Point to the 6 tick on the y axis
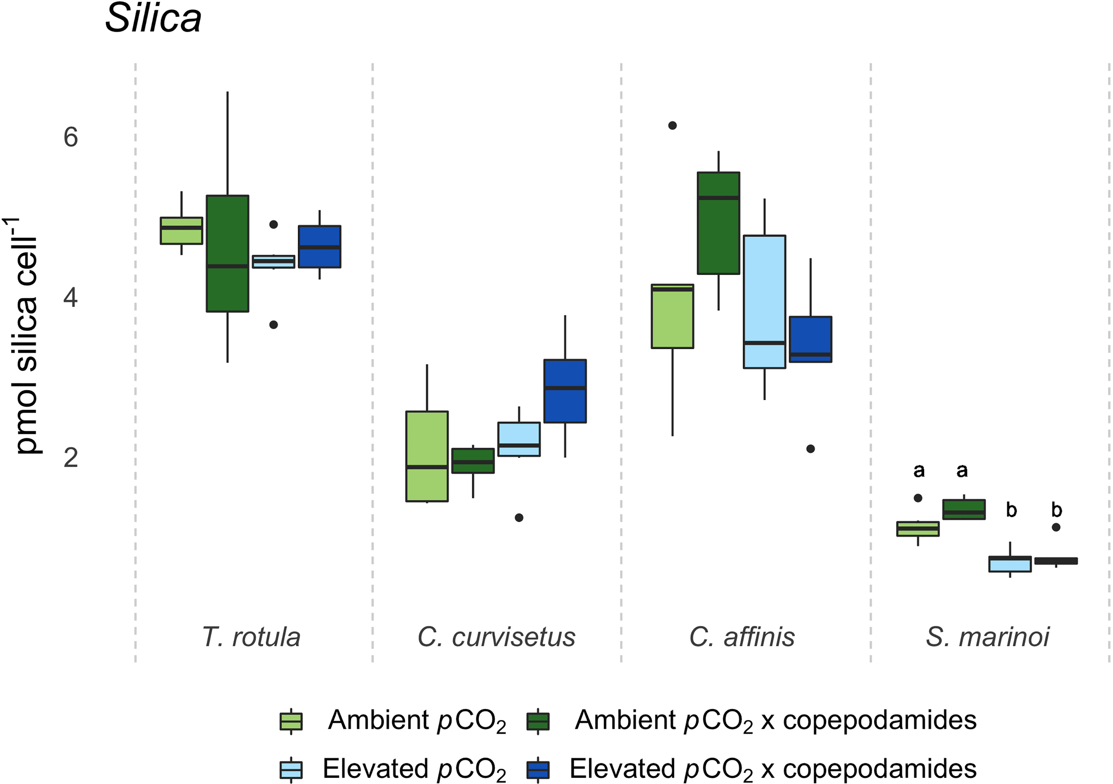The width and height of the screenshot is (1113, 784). (x=71, y=137)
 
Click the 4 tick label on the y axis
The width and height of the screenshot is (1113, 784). (x=71, y=298)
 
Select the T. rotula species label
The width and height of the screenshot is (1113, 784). (x=251, y=637)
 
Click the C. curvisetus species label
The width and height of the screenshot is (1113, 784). (x=496, y=637)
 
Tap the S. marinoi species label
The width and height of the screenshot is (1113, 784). (x=987, y=637)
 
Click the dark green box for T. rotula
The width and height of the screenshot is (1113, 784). (x=227, y=253)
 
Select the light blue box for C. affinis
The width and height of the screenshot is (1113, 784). (x=764, y=302)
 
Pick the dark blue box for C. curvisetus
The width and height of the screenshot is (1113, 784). (x=565, y=391)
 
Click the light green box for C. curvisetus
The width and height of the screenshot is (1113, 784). (x=427, y=456)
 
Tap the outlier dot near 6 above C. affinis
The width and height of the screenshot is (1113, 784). (x=672, y=126)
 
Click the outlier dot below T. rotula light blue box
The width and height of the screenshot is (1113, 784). (x=273, y=325)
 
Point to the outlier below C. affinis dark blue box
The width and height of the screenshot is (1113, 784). (x=811, y=449)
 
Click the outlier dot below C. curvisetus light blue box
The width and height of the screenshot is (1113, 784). (x=519, y=518)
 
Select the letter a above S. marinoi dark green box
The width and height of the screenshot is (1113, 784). (x=962, y=470)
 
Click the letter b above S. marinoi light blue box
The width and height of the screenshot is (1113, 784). (x=1011, y=510)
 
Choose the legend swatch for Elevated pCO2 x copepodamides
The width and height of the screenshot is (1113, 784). (x=538, y=769)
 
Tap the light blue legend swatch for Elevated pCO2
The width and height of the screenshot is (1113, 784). (x=291, y=769)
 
